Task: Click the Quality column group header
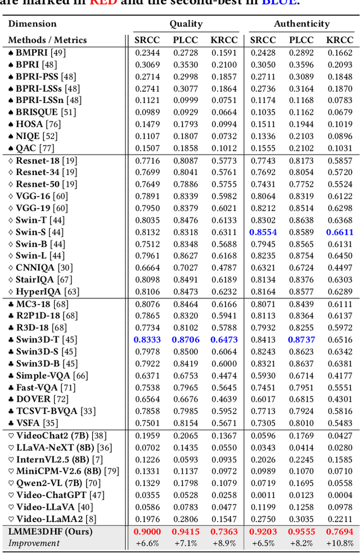pos(186,24)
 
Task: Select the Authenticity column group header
pos(301,24)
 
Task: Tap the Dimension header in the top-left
pos(32,24)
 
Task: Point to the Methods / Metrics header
pos(47,40)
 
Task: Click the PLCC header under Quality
pos(185,40)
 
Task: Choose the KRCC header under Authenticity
pos(340,40)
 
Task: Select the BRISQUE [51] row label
pos(42,112)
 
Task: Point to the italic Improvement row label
pos(34,543)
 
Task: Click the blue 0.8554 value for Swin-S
pos(263,232)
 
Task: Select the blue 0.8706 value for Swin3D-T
pos(185,339)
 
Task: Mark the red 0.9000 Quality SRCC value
pos(147,532)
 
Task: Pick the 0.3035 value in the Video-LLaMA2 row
pos(301,519)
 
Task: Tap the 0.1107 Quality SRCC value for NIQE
pos(147,136)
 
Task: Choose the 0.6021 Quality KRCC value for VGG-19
pos(224,208)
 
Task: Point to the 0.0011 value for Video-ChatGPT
pos(263,495)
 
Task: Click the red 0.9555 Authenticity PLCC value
pos(301,532)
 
